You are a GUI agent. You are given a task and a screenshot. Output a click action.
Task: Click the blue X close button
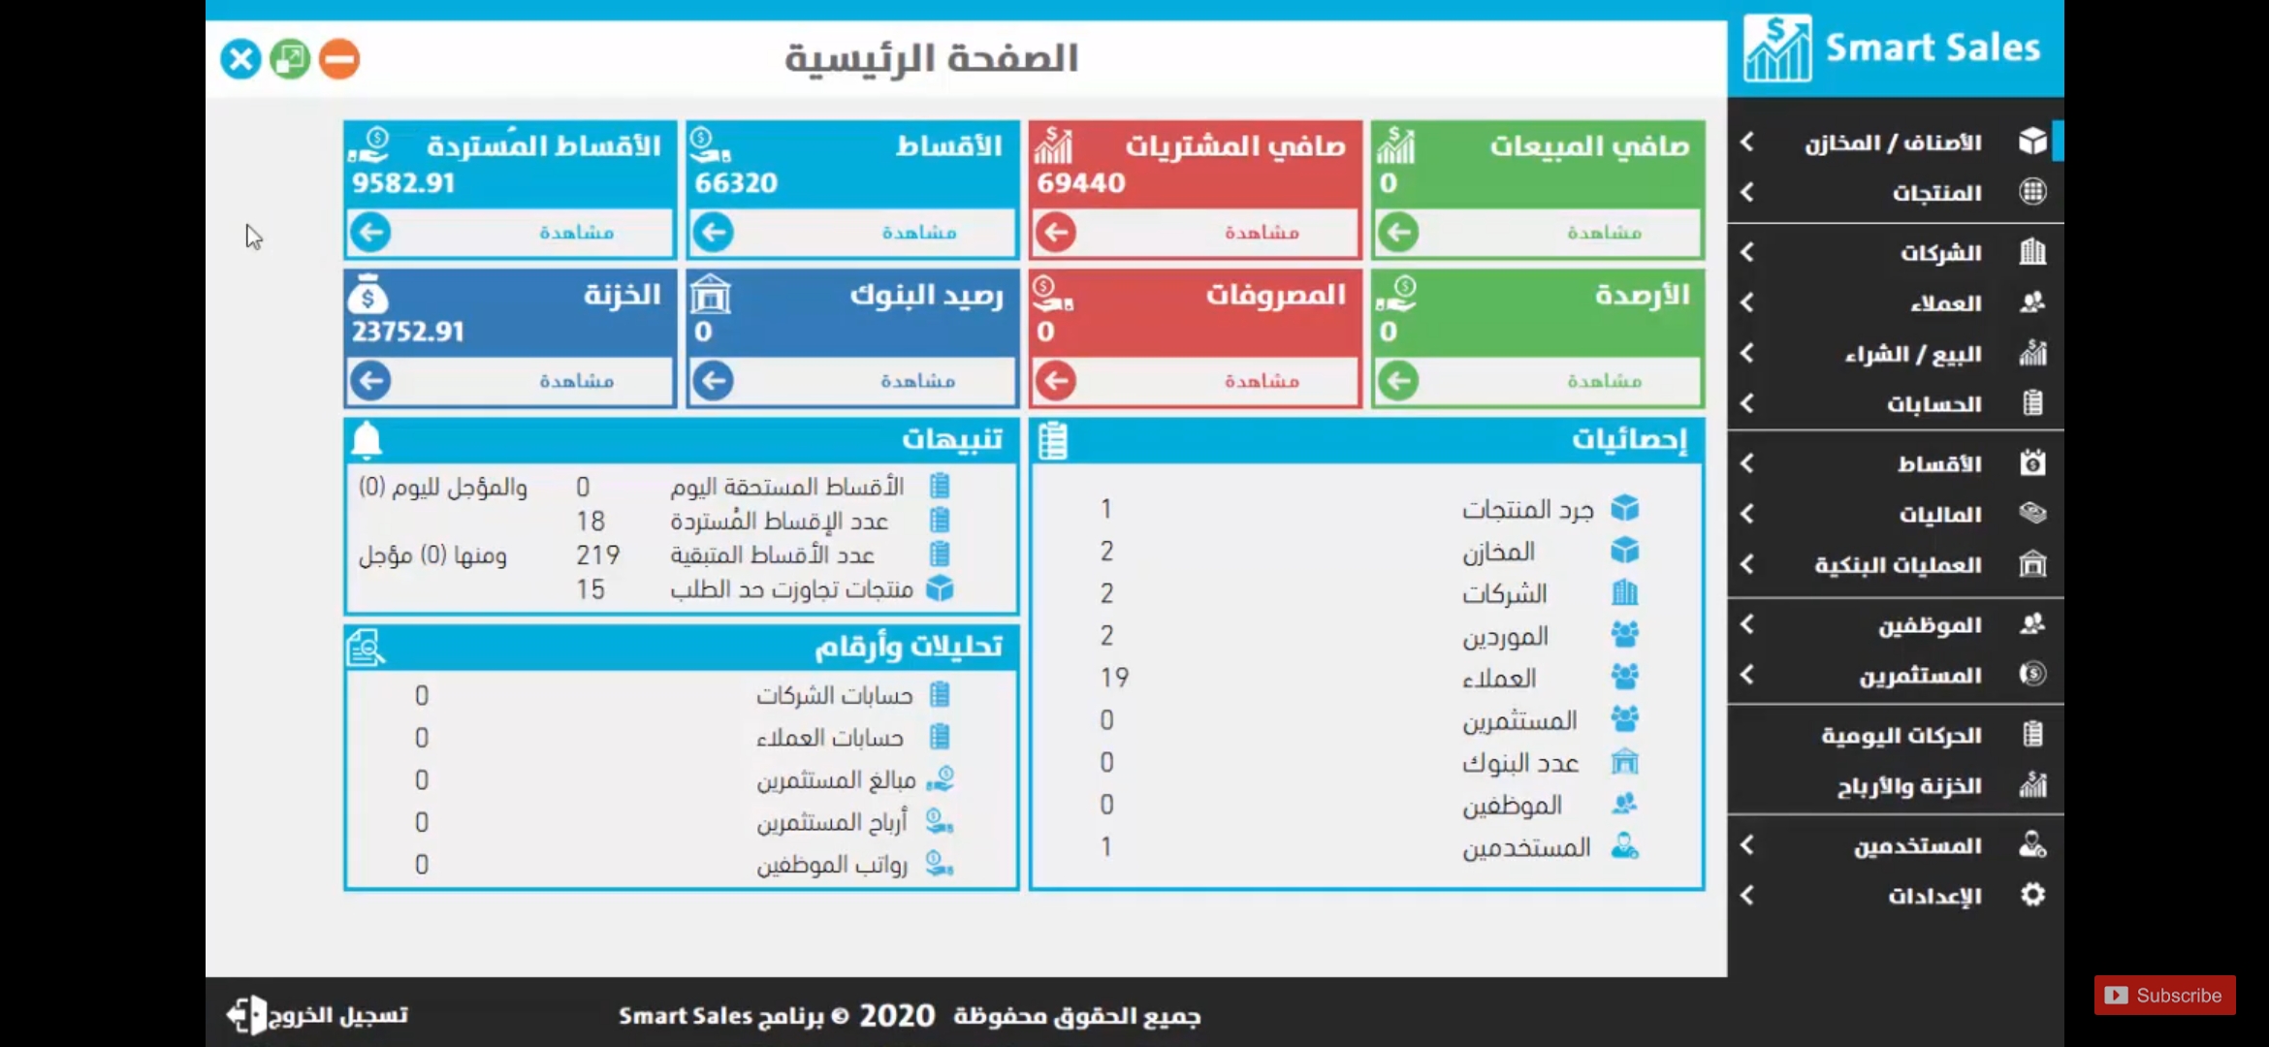(x=240, y=59)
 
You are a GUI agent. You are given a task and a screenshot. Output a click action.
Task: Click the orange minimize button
(x=339, y=59)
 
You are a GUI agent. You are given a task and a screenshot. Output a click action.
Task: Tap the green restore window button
(x=290, y=59)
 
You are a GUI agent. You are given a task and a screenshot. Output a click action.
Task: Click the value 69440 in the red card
(x=1081, y=182)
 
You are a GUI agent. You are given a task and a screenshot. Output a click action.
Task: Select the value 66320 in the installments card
(x=736, y=182)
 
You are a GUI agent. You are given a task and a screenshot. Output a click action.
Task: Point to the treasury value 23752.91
(x=408, y=332)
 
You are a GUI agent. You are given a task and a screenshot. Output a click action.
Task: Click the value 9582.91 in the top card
(x=403, y=182)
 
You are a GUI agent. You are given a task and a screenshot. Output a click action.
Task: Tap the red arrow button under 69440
(x=1056, y=233)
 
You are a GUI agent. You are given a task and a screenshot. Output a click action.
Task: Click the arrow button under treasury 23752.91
(x=370, y=381)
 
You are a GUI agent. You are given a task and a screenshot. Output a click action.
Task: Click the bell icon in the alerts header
(x=367, y=440)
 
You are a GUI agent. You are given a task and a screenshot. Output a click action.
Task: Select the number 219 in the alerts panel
(x=597, y=555)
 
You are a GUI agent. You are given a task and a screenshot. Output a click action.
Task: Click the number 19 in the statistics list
(x=1114, y=678)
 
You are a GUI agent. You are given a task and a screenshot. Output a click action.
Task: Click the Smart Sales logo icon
(x=1777, y=48)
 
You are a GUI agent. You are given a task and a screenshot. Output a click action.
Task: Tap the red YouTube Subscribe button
(x=2165, y=996)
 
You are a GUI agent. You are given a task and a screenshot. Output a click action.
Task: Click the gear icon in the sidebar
(x=2032, y=895)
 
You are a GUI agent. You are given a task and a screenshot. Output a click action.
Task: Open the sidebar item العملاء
(x=1946, y=303)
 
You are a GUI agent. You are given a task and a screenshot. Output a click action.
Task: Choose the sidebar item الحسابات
(x=1933, y=403)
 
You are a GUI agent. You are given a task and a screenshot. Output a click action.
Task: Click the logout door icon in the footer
(x=246, y=1015)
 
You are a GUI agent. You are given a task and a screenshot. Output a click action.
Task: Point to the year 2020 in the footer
(x=897, y=1015)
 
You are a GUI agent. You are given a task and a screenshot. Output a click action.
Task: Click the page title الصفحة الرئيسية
(x=931, y=58)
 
